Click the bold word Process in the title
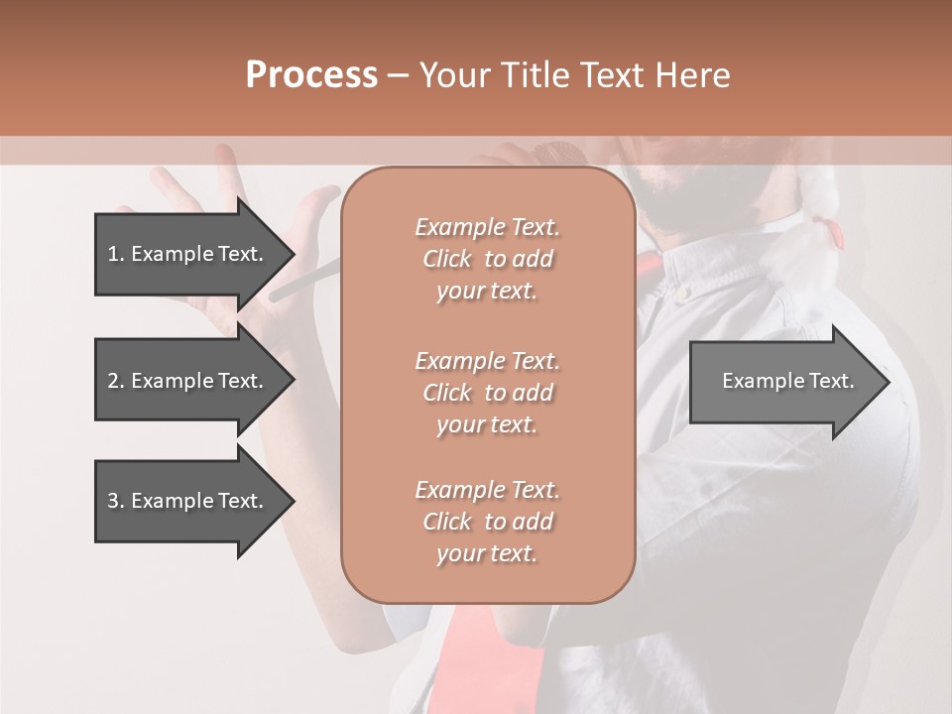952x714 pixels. [x=311, y=75]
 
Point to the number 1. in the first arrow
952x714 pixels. [x=116, y=254]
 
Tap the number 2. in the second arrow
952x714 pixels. [x=116, y=381]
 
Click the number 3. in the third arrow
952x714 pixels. [x=116, y=501]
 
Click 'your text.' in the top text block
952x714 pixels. [x=487, y=292]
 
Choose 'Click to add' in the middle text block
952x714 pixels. [x=487, y=393]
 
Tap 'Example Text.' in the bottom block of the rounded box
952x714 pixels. [x=487, y=490]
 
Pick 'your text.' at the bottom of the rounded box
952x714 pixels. [x=487, y=554]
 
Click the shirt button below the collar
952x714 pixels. [x=682, y=293]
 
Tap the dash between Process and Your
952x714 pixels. [x=399, y=76]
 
